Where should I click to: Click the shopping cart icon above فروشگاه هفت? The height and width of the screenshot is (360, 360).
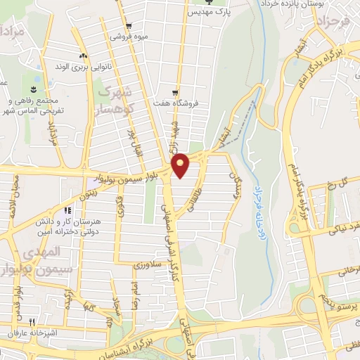click(176, 91)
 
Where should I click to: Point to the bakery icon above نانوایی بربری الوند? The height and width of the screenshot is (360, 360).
click(83, 56)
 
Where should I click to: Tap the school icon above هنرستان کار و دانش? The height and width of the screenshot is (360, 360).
click(67, 210)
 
